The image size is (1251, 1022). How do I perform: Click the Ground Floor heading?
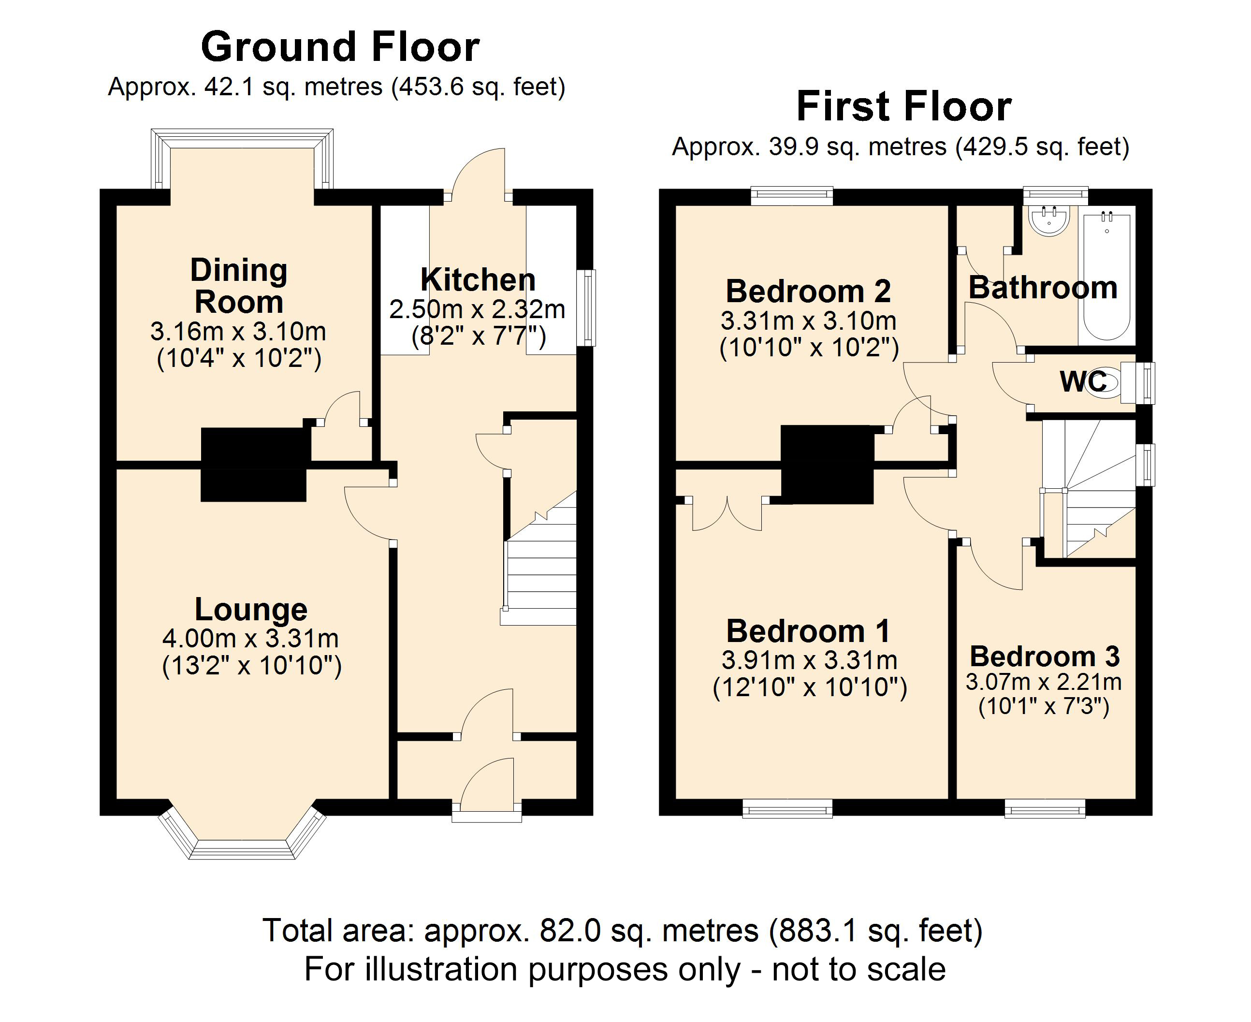340,47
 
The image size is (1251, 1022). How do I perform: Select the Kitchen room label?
478,279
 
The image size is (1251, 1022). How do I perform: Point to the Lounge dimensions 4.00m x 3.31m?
251,638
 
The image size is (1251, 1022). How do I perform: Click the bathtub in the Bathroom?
1106,277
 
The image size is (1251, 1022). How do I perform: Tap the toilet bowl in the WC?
1105,382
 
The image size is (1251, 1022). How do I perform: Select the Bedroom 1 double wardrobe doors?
727,513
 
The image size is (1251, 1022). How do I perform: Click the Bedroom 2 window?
792,195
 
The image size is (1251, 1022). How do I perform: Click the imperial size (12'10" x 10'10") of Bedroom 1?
810,687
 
